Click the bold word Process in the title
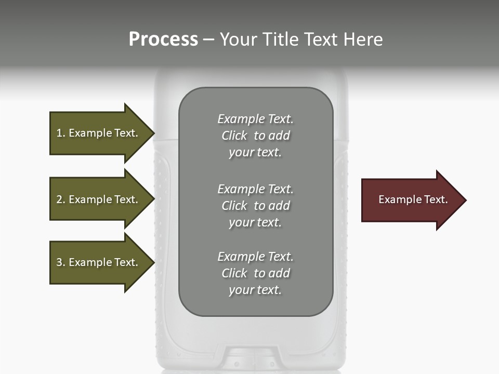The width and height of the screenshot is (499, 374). (163, 39)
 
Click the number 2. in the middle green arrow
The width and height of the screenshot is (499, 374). (61, 199)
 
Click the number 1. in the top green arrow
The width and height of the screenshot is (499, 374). (61, 133)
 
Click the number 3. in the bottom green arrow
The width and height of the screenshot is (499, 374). (61, 262)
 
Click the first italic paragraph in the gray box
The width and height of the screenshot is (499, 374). (255, 136)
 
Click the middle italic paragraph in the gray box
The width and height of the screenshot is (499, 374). (255, 206)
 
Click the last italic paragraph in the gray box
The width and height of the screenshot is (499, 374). (255, 273)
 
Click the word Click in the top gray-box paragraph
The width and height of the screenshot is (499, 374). (234, 136)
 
